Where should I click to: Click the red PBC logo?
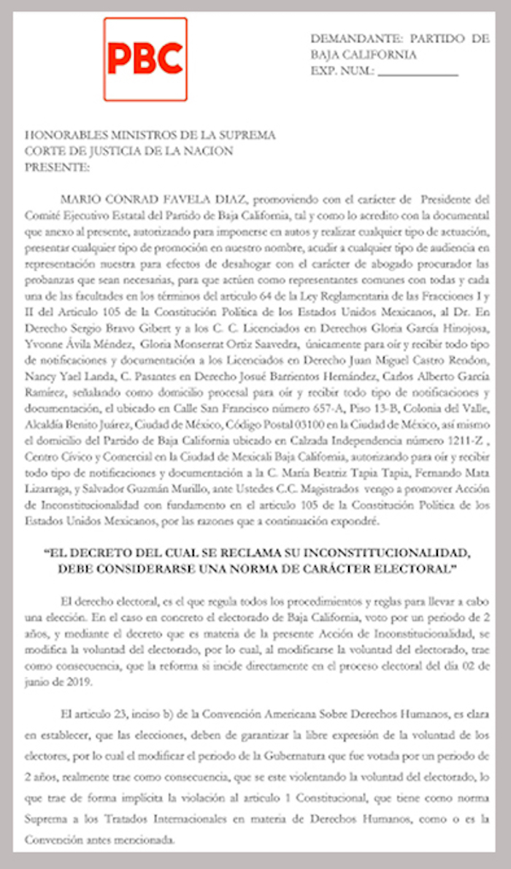[x=145, y=59]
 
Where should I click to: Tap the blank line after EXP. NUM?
[x=418, y=72]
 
